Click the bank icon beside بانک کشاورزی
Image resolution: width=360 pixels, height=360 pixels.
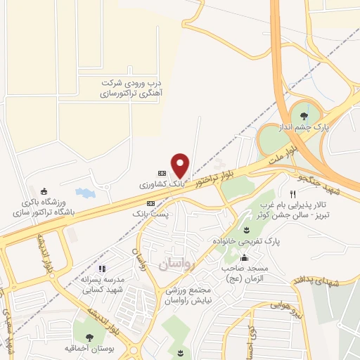(162, 173)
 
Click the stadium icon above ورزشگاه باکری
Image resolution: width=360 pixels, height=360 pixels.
(44, 191)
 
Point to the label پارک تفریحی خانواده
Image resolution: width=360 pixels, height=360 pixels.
(247, 240)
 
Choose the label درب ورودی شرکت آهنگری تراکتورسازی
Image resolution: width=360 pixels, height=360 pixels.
(126, 87)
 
